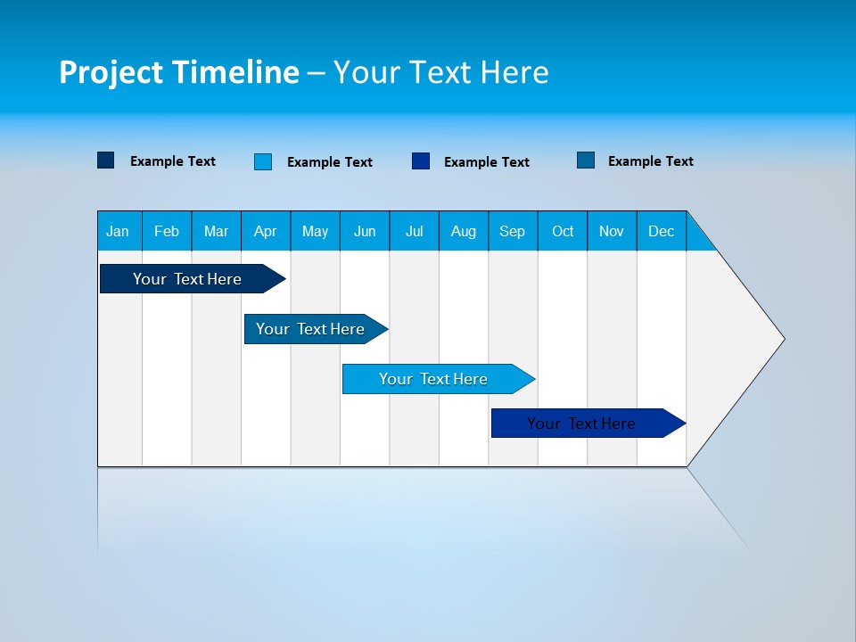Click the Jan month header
119,231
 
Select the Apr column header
266,231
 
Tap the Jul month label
414,231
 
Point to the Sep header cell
513,231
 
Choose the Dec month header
662,231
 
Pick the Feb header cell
167,231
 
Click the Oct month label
563,231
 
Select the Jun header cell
365,231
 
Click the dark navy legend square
106,160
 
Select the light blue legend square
263,161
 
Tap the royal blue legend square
421,161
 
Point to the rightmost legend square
586,160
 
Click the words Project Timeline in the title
179,72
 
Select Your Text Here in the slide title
440,72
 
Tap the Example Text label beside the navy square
173,161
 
